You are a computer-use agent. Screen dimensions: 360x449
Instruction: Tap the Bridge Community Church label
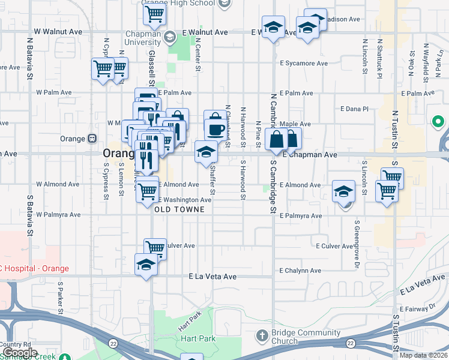point(284,337)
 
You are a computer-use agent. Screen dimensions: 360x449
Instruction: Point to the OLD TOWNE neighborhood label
point(179,209)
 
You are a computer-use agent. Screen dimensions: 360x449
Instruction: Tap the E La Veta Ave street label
point(212,277)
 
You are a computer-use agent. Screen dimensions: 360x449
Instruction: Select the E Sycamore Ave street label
point(304,63)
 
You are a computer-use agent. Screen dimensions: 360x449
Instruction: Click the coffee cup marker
point(215,129)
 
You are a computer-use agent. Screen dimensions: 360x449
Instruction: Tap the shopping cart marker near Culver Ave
point(155,247)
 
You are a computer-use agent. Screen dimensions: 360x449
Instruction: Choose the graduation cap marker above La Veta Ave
point(146,265)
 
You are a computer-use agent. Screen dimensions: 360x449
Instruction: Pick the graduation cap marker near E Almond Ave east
point(343,191)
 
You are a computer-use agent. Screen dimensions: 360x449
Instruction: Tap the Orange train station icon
point(92,139)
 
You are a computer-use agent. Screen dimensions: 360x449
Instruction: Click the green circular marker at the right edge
point(438,122)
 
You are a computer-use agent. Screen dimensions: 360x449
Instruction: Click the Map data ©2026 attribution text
point(424,355)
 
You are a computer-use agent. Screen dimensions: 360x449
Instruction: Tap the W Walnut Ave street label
point(58,31)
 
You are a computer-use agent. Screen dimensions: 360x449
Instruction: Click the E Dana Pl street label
point(354,109)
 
